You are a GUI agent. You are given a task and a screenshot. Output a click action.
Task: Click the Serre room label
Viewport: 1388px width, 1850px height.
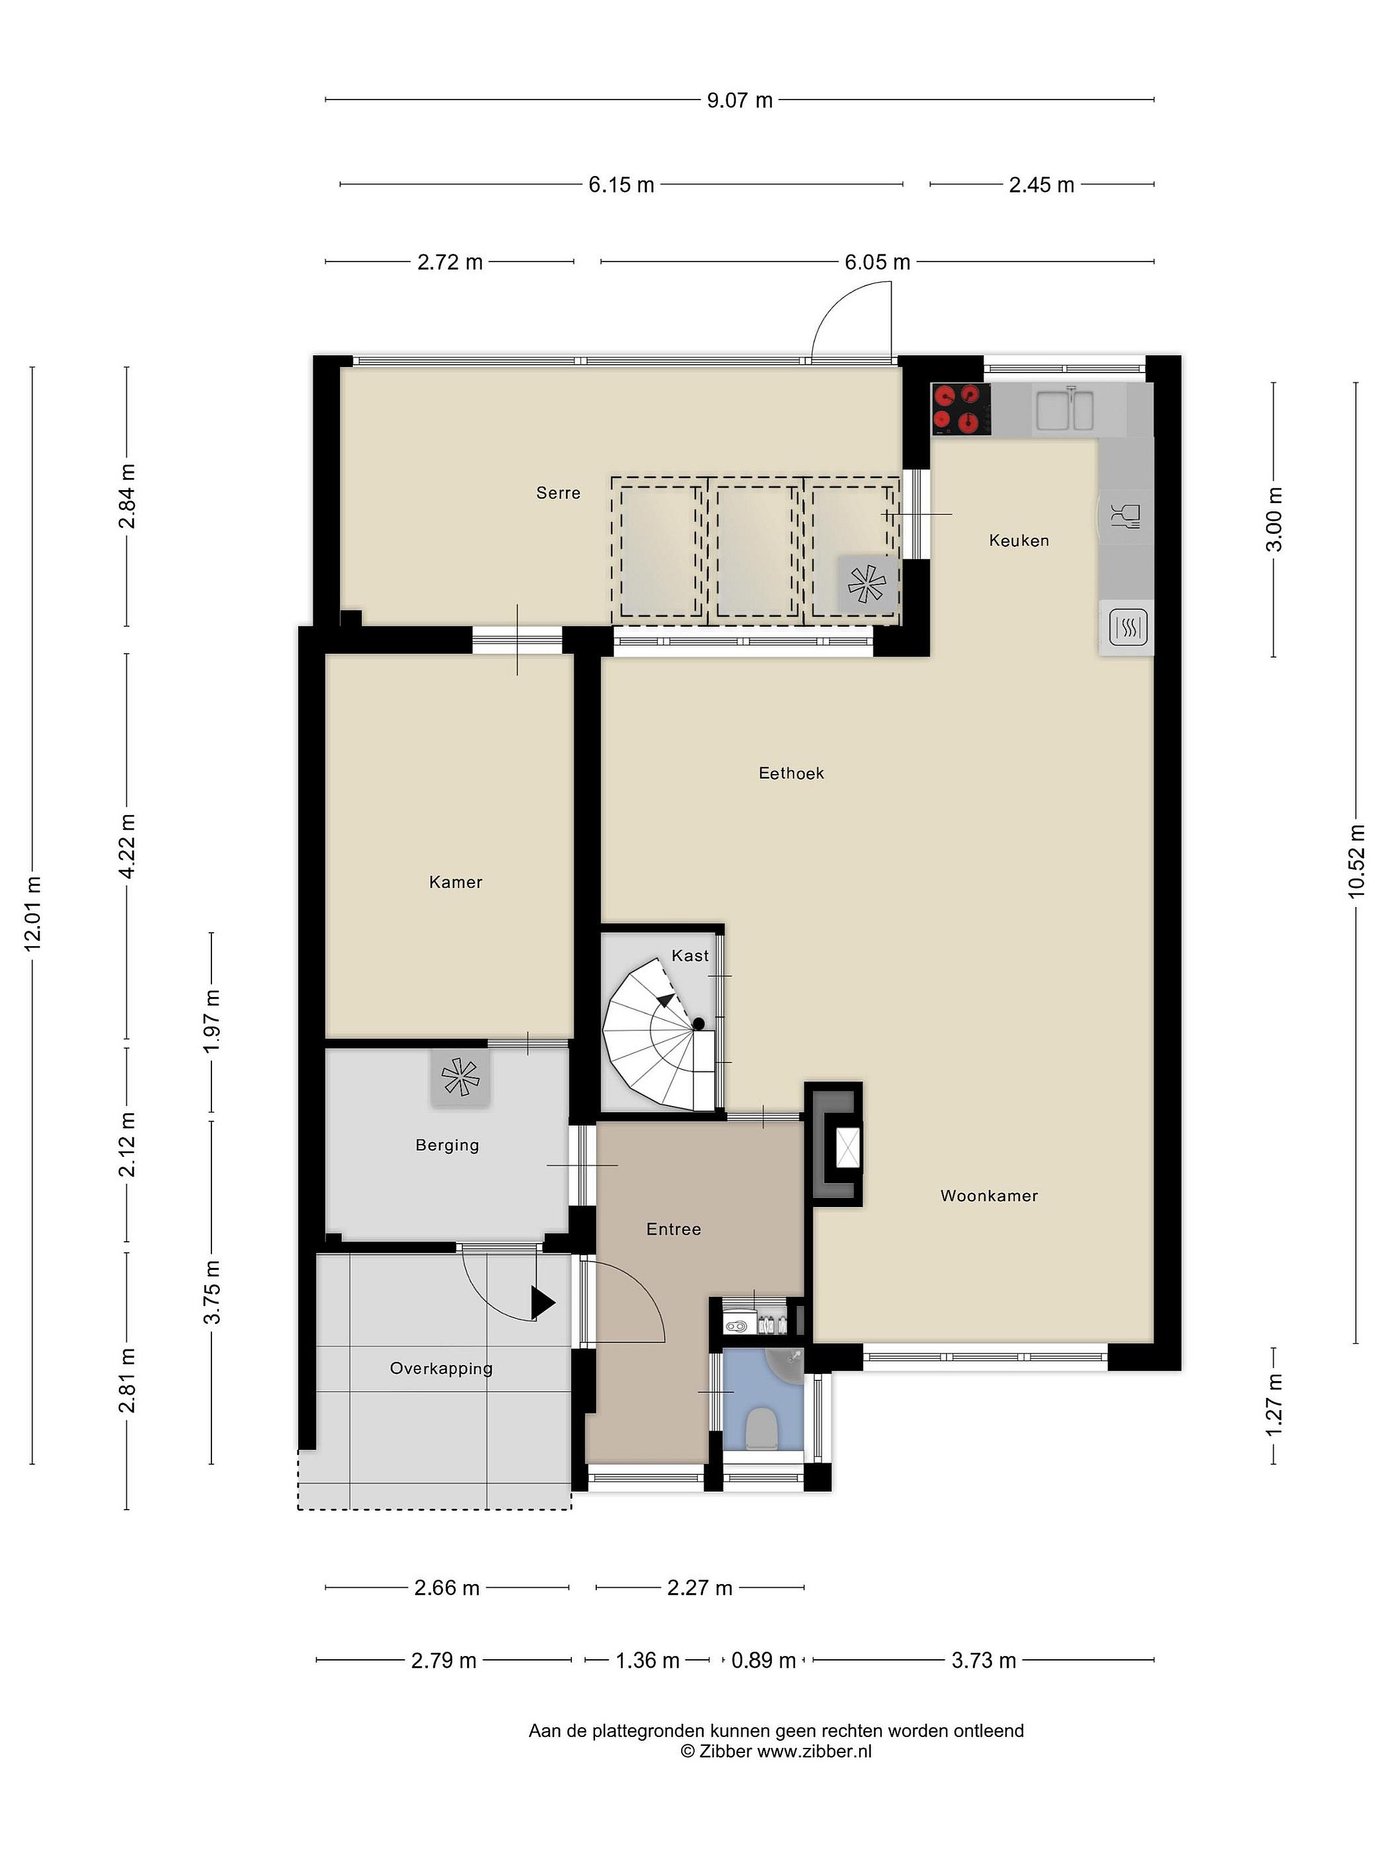[558, 493]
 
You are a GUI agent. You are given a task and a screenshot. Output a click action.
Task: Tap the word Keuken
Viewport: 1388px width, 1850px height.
[1019, 540]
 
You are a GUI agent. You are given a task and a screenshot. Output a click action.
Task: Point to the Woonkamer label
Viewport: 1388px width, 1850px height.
[989, 1195]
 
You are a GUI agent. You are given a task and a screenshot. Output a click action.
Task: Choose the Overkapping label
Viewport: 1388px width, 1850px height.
[441, 1368]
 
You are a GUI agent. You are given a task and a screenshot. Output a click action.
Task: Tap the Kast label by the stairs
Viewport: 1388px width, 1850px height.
[690, 955]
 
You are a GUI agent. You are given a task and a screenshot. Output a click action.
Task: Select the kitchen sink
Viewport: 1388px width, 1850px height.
[1064, 410]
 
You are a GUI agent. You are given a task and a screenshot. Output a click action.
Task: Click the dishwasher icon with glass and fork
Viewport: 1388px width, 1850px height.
[1125, 517]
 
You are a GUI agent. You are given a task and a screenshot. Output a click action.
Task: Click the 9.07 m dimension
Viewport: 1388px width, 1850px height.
[740, 100]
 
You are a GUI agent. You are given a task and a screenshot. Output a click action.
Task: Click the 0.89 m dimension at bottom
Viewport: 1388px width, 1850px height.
[763, 1660]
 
